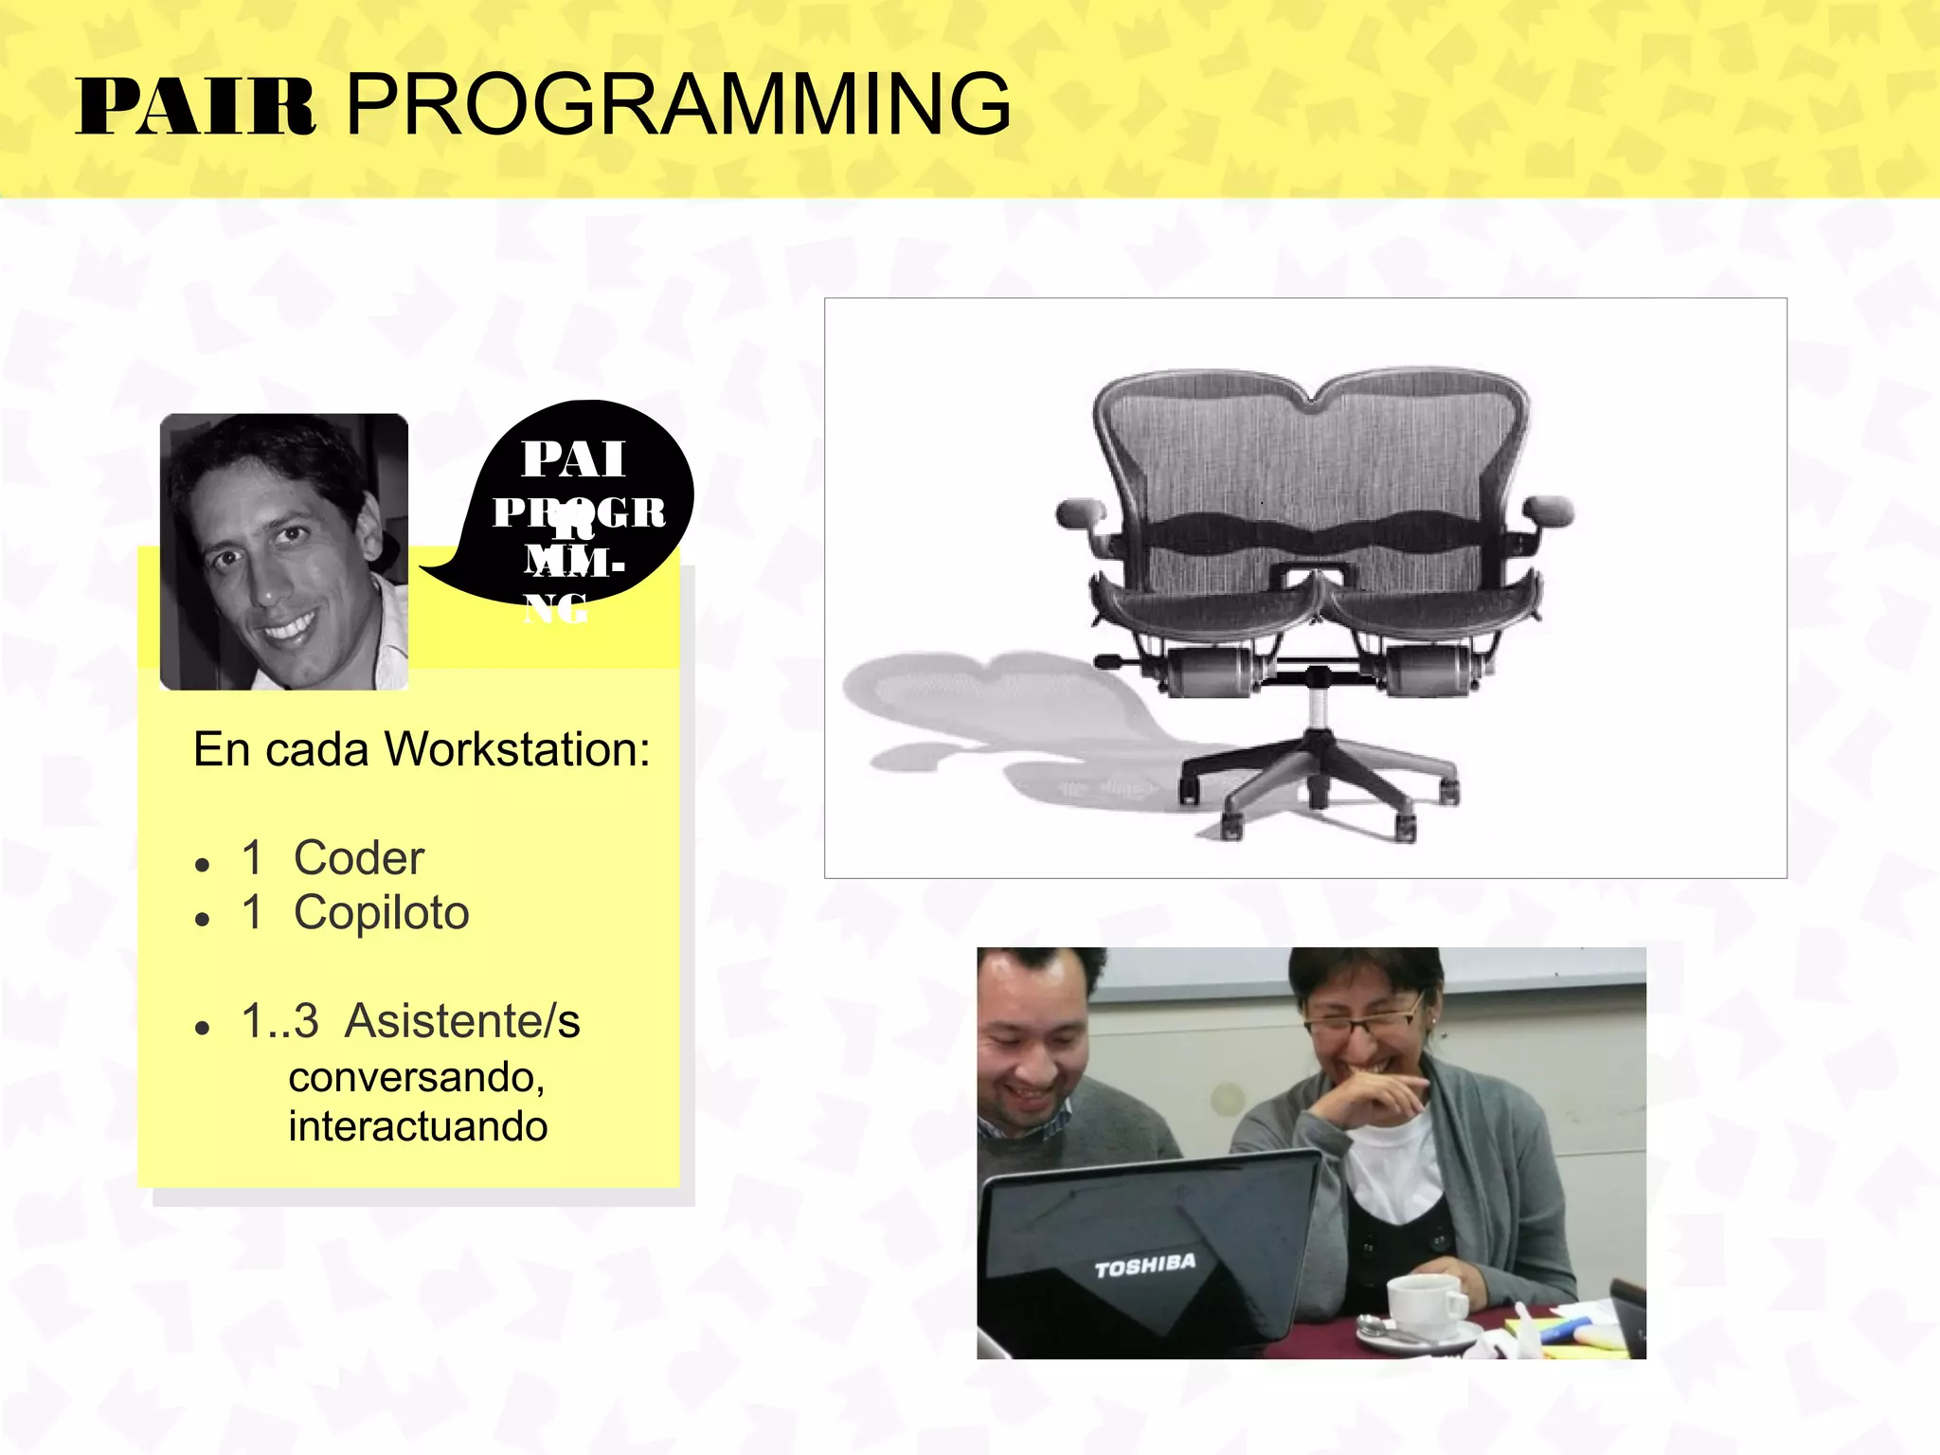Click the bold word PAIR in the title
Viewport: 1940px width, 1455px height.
tap(194, 107)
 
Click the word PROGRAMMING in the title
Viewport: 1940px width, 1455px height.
tap(678, 104)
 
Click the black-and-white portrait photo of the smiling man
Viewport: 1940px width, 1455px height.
tap(283, 551)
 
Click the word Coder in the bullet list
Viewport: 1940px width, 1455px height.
tap(358, 858)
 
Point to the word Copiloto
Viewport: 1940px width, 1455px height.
tap(381, 913)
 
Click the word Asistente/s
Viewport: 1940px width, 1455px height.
tap(462, 1021)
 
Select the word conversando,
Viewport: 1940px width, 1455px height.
tap(417, 1077)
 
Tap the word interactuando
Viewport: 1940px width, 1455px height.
tap(418, 1126)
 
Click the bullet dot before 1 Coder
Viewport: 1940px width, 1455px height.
tap(201, 865)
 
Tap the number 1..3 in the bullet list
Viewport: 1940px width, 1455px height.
tap(279, 1021)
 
